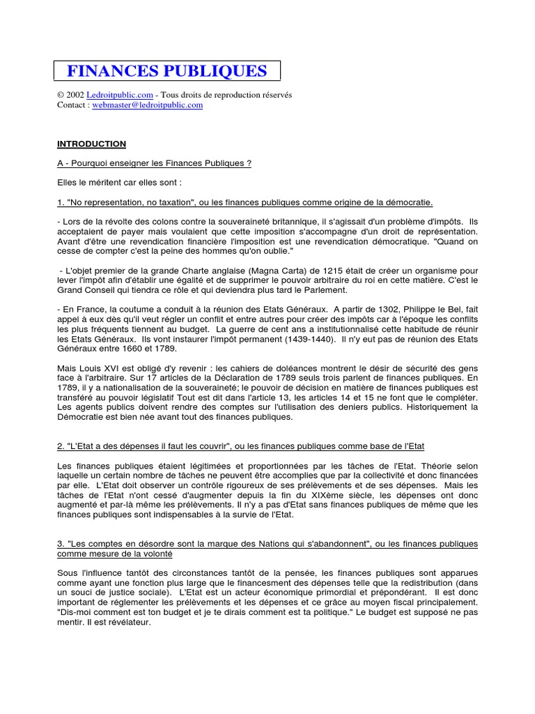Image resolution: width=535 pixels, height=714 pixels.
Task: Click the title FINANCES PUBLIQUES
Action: (x=166, y=70)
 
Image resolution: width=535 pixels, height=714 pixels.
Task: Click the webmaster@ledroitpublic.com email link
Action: (x=148, y=105)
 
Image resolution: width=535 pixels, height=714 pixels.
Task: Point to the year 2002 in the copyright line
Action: (x=75, y=94)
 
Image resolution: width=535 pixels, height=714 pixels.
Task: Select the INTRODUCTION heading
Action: (x=91, y=144)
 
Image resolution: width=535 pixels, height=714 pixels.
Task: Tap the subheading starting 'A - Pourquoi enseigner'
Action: (x=154, y=163)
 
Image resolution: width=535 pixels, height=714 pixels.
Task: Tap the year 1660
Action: (x=125, y=348)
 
